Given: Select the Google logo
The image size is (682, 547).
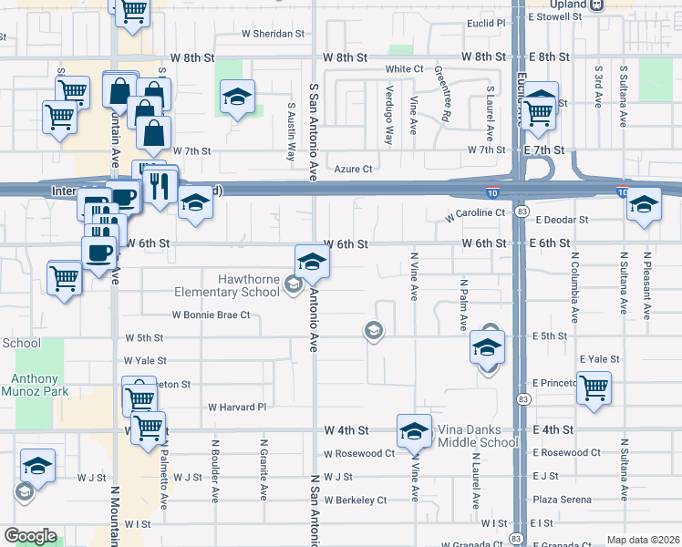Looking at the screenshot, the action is (30, 536).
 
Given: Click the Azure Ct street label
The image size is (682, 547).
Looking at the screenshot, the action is (354, 169).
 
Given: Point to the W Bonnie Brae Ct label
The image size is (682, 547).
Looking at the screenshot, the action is (211, 315).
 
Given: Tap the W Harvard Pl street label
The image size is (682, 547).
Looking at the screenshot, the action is (236, 407).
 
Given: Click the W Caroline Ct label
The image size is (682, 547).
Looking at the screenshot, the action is (475, 213).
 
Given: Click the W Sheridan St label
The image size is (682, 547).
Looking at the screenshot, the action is (272, 33).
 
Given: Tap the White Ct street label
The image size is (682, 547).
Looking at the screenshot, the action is (404, 68).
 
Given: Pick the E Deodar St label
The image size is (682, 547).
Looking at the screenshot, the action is (563, 220).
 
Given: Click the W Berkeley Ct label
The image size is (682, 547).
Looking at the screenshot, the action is (355, 500).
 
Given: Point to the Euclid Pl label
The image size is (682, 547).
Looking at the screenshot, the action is (486, 23).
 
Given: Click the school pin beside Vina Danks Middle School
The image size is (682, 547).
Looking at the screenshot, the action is (414, 431).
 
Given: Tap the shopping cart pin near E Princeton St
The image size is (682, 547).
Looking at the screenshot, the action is (594, 387).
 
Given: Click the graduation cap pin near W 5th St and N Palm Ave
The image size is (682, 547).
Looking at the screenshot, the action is (488, 347).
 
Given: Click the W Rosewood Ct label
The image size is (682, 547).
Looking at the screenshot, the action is (358, 453).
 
